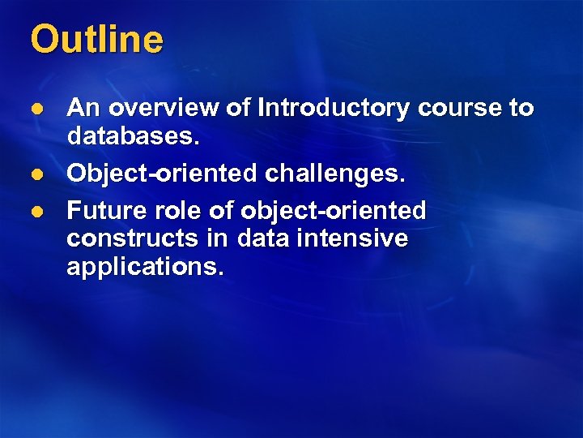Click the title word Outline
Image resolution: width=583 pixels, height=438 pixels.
(x=96, y=39)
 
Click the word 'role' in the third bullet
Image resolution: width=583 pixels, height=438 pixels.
(x=173, y=211)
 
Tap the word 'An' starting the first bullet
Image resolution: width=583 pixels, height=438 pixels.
(x=83, y=108)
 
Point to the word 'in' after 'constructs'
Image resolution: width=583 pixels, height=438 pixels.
(x=218, y=238)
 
